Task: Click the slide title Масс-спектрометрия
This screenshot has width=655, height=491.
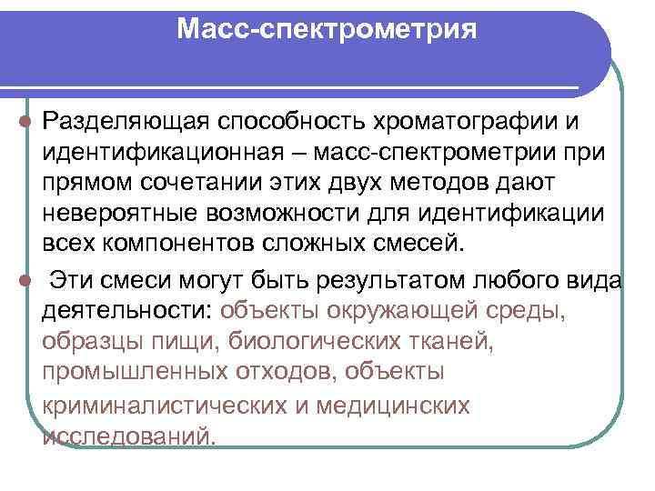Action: pos(327,30)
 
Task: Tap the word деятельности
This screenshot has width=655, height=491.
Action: pos(126,310)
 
